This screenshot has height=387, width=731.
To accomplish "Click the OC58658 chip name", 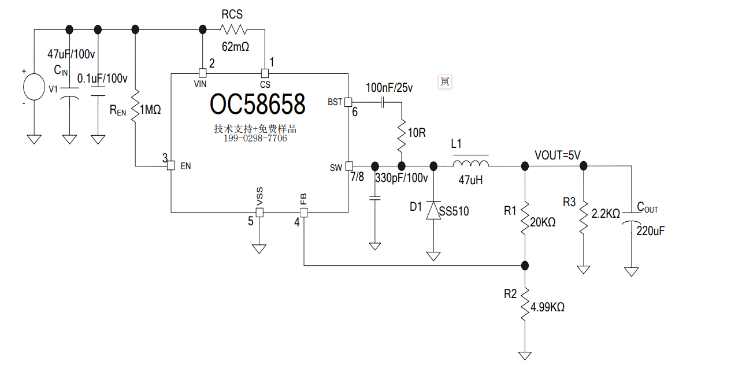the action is click(x=258, y=105).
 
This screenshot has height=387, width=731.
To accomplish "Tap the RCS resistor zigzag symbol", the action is click(x=233, y=29).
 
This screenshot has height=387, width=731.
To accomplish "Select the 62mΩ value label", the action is click(x=235, y=47).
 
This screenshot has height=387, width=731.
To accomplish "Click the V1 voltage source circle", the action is click(x=34, y=87).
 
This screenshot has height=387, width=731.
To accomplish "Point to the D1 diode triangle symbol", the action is click(x=433, y=210).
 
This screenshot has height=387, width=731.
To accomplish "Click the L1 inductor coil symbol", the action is click(x=470, y=163).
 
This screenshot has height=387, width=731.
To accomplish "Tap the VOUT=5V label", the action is click(x=558, y=155).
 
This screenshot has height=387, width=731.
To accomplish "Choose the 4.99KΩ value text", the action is click(x=547, y=307).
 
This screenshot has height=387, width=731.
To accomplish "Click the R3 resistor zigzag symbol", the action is click(x=584, y=217).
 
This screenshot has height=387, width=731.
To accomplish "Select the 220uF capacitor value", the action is click(x=651, y=230).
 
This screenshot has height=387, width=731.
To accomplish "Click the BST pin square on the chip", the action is click(x=348, y=102).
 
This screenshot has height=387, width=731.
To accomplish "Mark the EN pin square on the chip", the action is click(x=170, y=165).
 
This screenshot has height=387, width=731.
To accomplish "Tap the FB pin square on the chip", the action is click(x=304, y=213).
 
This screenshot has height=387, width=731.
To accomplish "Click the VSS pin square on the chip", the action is click(x=259, y=213).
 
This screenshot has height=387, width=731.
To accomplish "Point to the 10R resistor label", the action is click(x=417, y=133).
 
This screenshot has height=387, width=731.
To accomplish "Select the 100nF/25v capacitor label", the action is click(x=389, y=88).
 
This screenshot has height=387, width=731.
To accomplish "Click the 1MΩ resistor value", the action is click(x=150, y=110).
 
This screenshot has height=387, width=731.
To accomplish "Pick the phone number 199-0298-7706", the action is click(x=255, y=138).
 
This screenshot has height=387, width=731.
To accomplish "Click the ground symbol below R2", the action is click(x=525, y=356).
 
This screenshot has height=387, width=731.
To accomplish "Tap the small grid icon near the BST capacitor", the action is click(x=445, y=81).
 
